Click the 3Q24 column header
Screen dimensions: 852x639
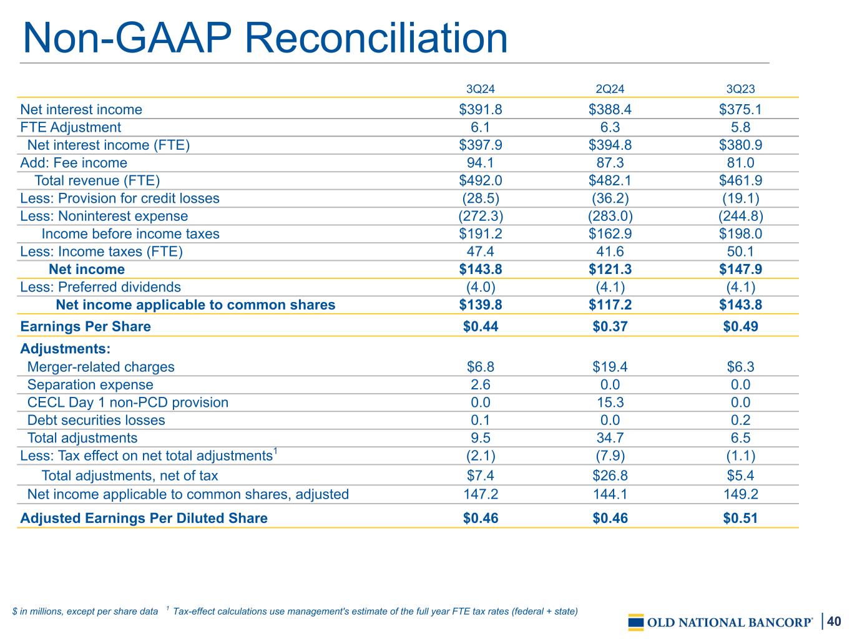coord(480,89)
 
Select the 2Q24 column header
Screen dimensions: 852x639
coord(610,89)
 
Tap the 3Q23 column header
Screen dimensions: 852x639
coord(740,89)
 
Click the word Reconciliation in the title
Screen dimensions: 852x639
coord(376,38)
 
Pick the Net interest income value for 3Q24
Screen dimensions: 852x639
coord(480,109)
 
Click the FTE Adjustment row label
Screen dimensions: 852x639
coord(71,127)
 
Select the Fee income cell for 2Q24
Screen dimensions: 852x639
coord(610,163)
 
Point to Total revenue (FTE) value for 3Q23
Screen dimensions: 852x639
coord(740,180)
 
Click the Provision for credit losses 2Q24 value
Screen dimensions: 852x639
coord(610,198)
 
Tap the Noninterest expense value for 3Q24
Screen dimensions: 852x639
coord(480,216)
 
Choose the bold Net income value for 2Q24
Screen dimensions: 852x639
coord(610,269)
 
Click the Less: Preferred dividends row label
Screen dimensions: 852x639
coord(100,287)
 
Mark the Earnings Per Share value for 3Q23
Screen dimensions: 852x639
coord(740,326)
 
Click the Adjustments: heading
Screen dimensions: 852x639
coord(65,348)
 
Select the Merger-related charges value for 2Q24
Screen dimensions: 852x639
coord(610,367)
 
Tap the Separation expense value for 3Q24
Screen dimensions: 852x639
coord(480,384)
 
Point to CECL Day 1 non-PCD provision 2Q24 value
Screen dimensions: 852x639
coord(610,402)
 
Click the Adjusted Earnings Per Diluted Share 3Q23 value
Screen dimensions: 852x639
coord(740,519)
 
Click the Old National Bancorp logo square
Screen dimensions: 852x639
coord(636,622)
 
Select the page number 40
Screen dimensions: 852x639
coord(834,621)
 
